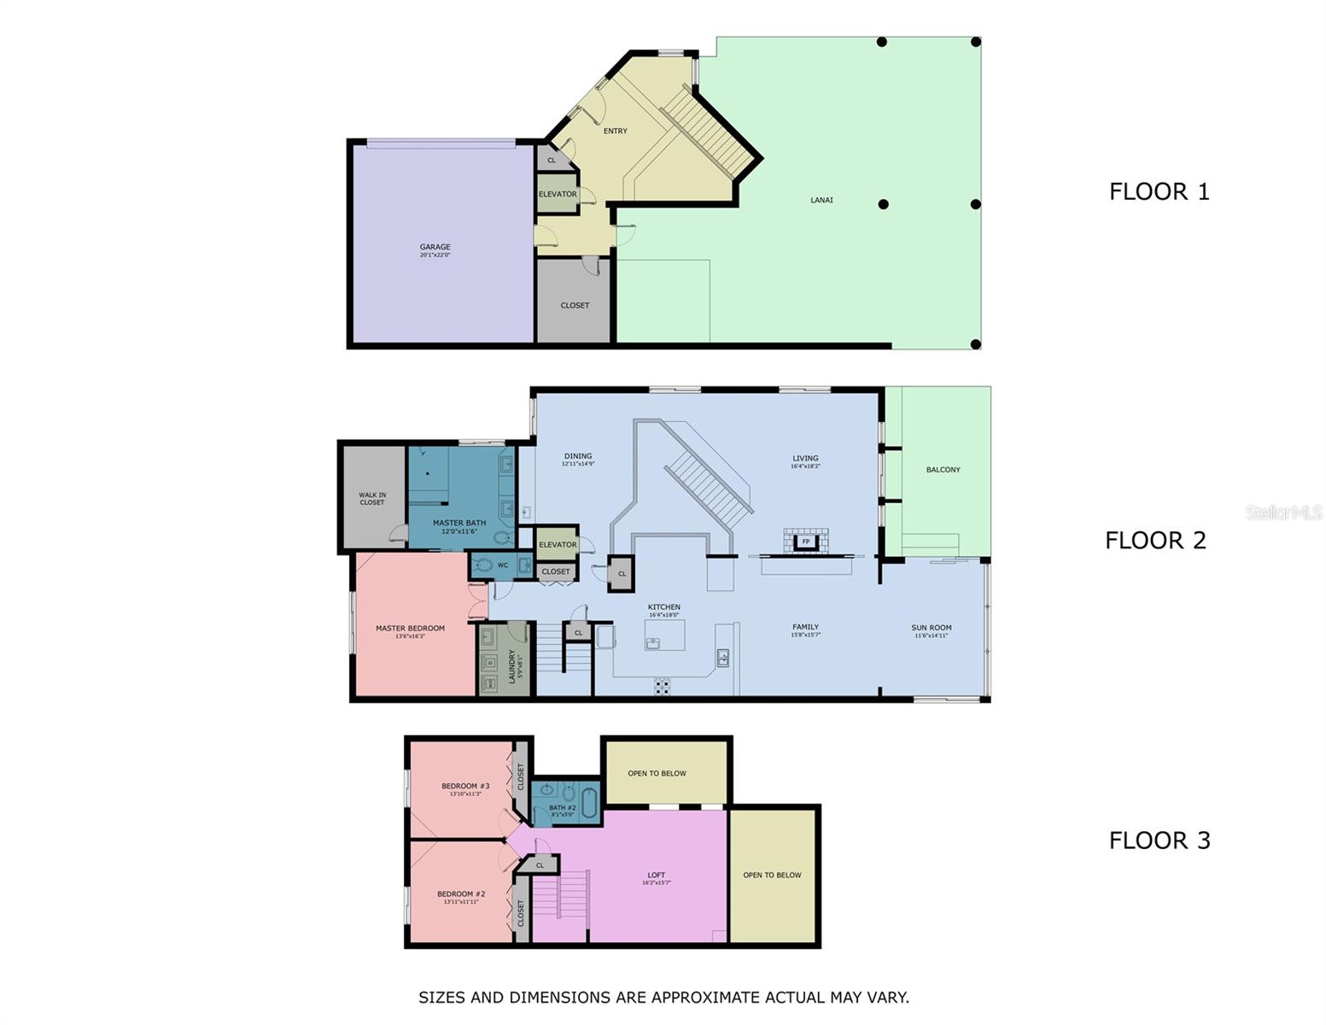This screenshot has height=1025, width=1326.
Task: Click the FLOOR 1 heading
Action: tap(1159, 191)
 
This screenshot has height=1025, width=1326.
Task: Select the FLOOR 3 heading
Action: tap(1159, 840)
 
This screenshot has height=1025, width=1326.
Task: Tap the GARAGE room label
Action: tap(435, 247)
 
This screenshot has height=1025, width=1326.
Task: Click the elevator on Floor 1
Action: tap(558, 194)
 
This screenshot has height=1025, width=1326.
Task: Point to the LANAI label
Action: tap(821, 200)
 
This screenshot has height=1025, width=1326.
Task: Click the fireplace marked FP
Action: tap(805, 542)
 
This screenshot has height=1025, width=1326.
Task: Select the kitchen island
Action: tap(664, 635)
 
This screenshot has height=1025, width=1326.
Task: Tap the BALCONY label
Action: tap(943, 470)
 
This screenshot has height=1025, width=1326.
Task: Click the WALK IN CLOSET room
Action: tap(372, 498)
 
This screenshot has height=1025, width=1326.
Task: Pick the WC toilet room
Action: tap(501, 565)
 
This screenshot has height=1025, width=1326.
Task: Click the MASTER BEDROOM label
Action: tap(410, 628)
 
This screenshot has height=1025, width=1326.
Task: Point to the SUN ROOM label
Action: tap(931, 628)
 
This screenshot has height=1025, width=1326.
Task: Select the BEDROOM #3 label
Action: tap(465, 786)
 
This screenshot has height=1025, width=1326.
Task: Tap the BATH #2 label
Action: tap(563, 807)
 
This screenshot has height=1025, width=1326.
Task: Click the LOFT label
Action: tap(656, 875)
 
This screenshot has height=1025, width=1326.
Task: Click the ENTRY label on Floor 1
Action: tap(615, 131)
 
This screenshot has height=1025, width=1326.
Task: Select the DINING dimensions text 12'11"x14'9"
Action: tap(578, 464)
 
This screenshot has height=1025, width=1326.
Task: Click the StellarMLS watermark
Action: tap(1283, 512)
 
